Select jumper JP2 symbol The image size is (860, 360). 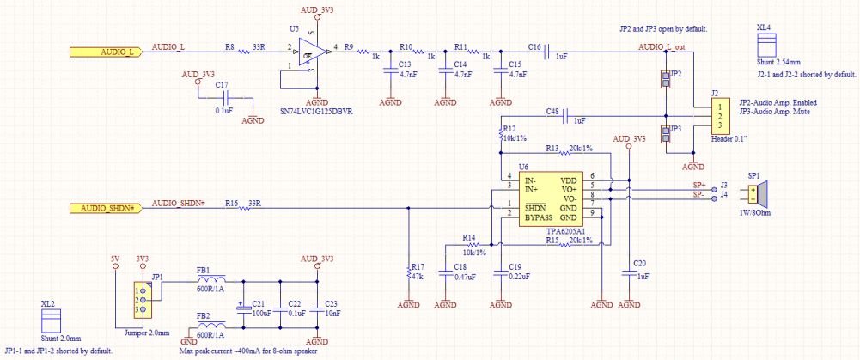click(x=665, y=80)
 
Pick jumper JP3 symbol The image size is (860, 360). click(x=665, y=135)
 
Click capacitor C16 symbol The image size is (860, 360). click(x=547, y=52)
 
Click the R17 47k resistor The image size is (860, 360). click(x=408, y=272)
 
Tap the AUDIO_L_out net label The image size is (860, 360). click(x=662, y=46)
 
